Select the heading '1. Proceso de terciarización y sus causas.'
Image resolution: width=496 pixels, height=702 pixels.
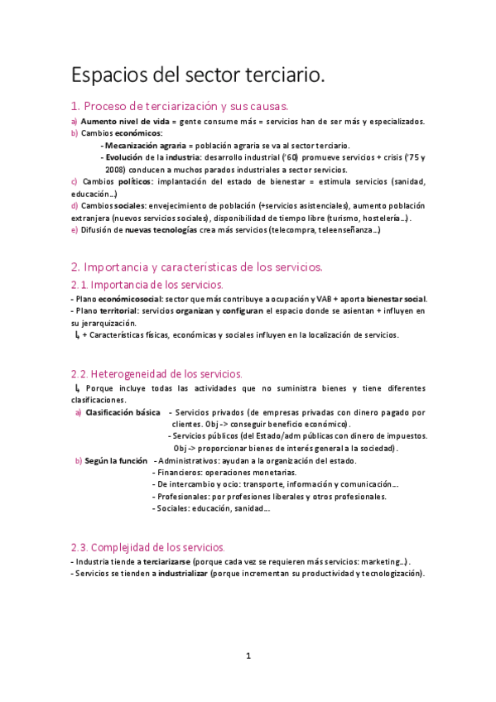(x=180, y=106)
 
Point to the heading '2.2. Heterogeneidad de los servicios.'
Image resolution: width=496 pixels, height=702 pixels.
(x=157, y=374)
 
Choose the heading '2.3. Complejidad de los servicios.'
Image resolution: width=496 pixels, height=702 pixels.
(x=147, y=547)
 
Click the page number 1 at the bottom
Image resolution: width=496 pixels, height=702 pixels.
(x=248, y=656)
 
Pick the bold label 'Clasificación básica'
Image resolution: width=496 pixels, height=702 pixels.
(x=120, y=411)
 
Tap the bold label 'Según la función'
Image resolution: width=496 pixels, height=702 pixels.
(x=116, y=460)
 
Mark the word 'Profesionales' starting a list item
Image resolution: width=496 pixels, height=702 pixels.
(x=184, y=497)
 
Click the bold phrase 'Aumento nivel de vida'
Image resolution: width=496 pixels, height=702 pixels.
(x=116, y=121)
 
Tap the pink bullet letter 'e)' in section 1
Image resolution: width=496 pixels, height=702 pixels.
(x=75, y=230)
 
